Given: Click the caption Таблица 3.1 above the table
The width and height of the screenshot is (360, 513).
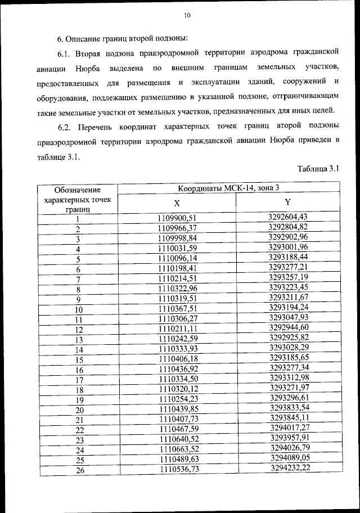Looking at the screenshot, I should coord(318,169).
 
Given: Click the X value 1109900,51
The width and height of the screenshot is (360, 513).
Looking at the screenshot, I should coord(179,218).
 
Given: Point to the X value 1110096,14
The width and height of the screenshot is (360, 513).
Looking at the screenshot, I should coord(179,259).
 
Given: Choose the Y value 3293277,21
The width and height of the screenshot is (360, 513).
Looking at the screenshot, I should coord(289,268).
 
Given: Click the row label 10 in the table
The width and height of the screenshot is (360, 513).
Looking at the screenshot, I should coord(79,310).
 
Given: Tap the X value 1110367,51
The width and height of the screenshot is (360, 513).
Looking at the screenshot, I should coord(179,309).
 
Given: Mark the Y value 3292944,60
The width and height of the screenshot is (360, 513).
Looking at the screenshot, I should coord(289,328).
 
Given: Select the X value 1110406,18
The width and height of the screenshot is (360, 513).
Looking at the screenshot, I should coord(179,359).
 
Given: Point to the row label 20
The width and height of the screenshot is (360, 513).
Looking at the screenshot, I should coord(79,410).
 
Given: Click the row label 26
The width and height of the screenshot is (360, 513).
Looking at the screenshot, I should coord(80,471).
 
